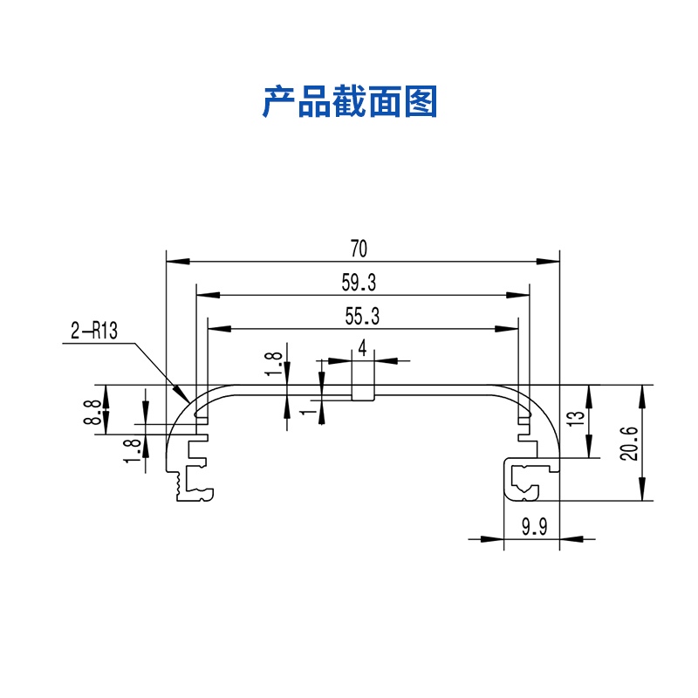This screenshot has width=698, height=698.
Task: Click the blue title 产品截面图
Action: coord(350,102)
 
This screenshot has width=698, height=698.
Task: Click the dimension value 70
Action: coord(359,249)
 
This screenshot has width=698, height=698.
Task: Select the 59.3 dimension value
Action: coord(359,283)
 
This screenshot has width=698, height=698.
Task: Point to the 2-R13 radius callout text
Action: coord(94,332)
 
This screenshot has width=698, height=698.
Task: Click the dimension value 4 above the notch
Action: coord(362,348)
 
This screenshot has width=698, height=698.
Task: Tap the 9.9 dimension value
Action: coord(533,527)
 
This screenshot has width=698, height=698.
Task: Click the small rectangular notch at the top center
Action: coord(363,393)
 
